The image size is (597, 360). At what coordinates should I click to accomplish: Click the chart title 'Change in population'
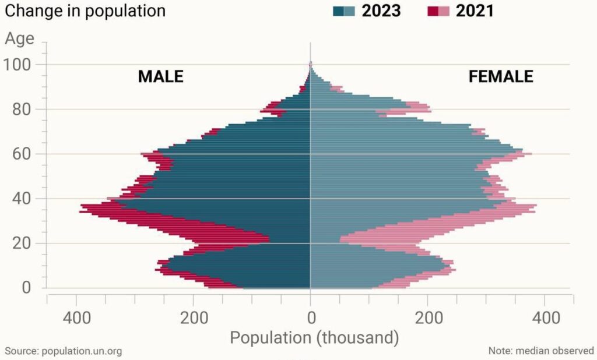pyautogui.click(x=85, y=10)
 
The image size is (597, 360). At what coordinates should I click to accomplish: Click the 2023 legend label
pyautogui.click(x=381, y=10)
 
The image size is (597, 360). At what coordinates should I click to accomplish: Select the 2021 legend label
pyautogui.click(x=475, y=10)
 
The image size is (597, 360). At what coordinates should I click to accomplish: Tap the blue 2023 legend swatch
pyautogui.click(x=343, y=10)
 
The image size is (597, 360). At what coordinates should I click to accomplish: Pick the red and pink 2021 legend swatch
pyautogui.click(x=438, y=10)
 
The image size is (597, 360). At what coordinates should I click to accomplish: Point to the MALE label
pyautogui.click(x=160, y=76)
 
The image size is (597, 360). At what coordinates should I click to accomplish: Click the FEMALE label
pyautogui.click(x=501, y=76)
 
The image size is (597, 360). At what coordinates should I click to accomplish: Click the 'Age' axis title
pyautogui.click(x=20, y=39)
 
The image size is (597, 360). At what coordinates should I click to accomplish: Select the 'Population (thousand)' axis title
pyautogui.click(x=314, y=337)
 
